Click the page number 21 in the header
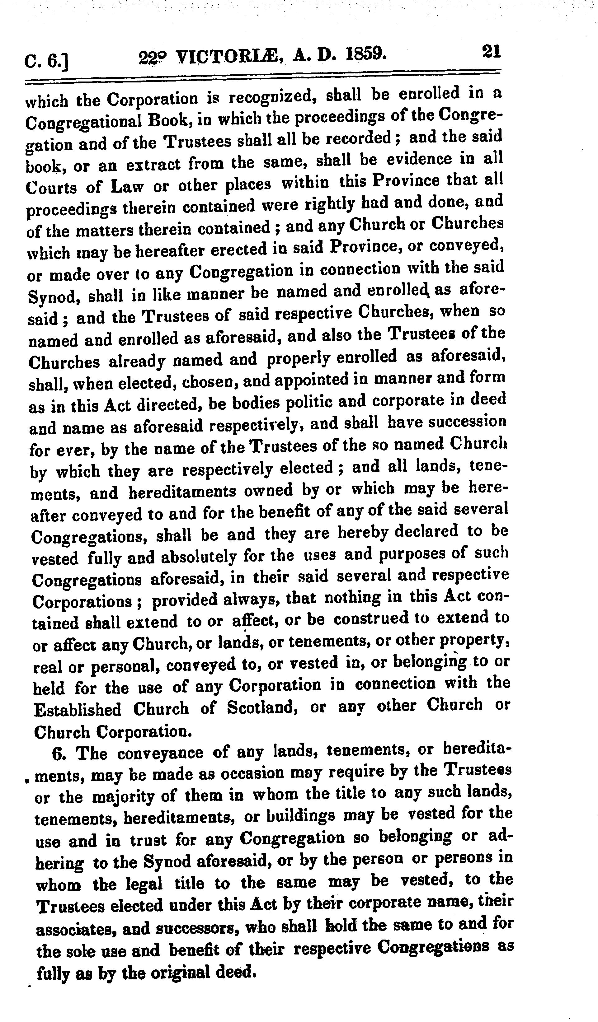491,52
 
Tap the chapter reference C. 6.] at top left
46,62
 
